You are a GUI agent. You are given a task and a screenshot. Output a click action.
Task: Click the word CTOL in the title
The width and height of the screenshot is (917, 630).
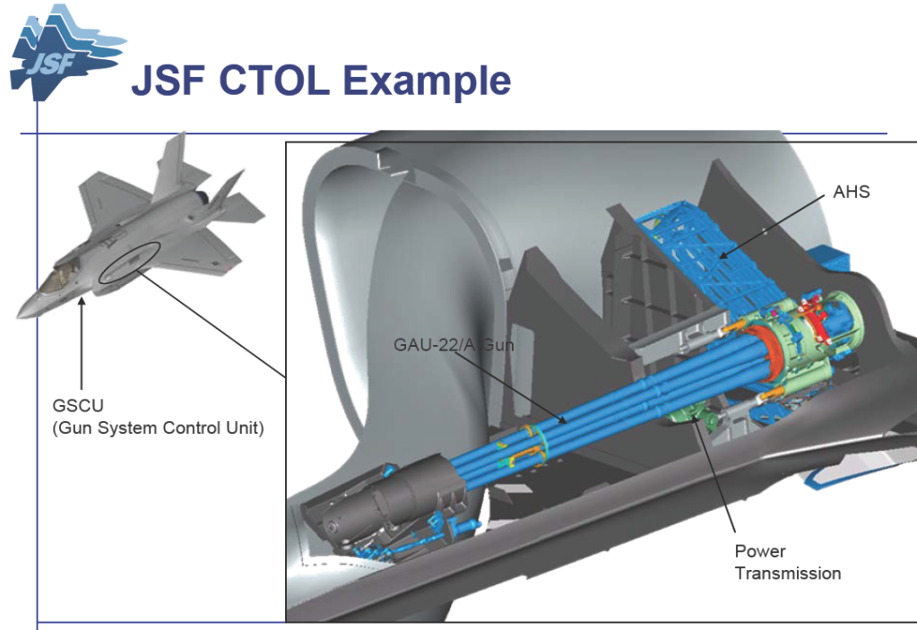point(273,80)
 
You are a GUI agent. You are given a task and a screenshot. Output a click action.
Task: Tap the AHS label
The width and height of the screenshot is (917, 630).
point(851,192)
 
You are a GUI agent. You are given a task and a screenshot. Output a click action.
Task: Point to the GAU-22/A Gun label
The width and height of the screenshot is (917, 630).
point(454,345)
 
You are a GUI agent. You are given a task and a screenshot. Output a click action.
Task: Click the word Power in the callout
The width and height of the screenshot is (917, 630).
point(759,551)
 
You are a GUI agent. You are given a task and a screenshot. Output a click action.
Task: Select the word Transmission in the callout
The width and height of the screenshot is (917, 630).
point(788,574)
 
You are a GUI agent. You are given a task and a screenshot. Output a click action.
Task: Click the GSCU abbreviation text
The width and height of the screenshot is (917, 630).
point(78,406)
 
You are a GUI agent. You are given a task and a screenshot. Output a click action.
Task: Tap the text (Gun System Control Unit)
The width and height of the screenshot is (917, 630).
point(158,428)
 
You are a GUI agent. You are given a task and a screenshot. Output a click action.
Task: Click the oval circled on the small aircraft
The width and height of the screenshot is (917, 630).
point(129,263)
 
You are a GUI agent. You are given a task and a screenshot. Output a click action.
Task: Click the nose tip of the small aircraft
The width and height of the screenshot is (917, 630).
point(19,316)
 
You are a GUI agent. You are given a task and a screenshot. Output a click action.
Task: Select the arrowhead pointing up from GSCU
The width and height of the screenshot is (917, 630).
point(82,302)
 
